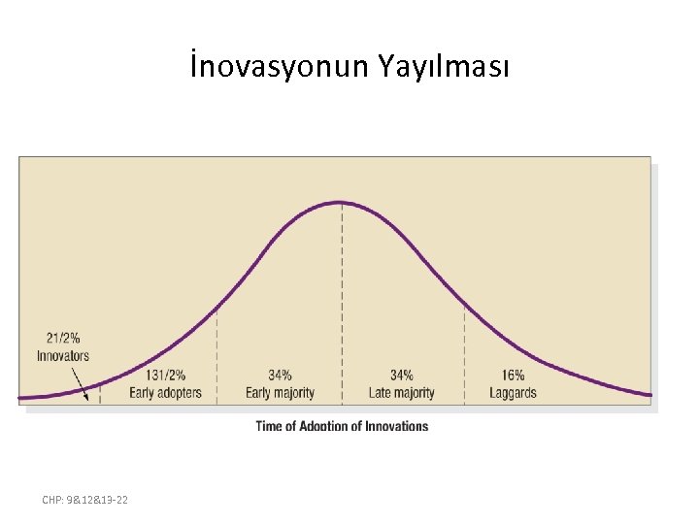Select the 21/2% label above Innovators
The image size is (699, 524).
63,339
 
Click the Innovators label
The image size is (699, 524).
63,355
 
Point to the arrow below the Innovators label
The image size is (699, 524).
81,380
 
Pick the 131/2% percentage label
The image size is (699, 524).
166,376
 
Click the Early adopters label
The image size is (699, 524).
166,393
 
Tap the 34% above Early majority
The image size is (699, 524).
280,376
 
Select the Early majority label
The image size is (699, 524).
280,393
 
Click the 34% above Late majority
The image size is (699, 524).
401,376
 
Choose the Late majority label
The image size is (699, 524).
401,393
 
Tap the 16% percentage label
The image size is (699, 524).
514,376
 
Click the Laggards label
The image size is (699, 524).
514,393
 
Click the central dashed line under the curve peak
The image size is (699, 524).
342,291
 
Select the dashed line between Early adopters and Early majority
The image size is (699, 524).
216,359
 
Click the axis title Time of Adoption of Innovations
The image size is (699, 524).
342,426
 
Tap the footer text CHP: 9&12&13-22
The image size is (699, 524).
85,500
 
